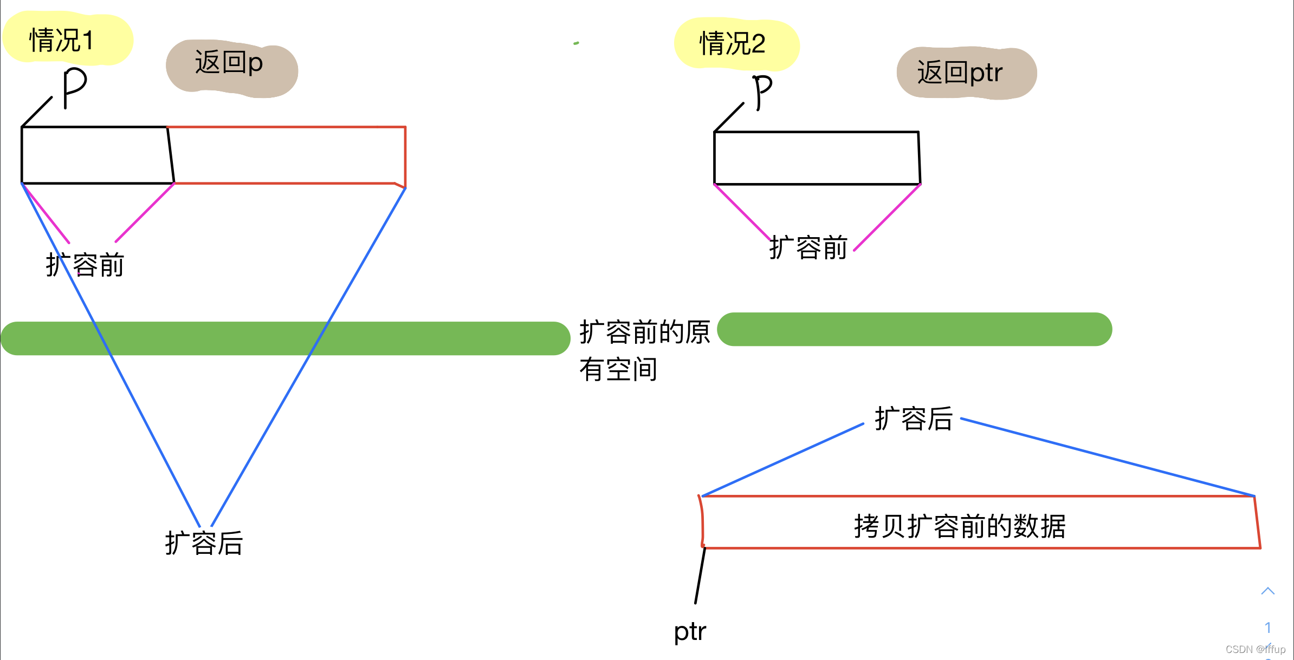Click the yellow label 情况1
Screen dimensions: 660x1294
62,40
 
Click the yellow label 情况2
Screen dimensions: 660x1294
732,43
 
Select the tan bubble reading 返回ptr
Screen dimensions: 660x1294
960,73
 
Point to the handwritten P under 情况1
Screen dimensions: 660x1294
74,87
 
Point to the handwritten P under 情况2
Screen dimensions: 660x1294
762,91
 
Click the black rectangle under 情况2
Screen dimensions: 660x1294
817,158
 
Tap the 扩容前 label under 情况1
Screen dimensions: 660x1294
85,265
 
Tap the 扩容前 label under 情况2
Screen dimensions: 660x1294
808,247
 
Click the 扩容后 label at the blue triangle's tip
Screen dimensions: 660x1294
204,543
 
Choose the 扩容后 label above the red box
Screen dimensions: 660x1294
914,419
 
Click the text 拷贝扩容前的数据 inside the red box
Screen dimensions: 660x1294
960,526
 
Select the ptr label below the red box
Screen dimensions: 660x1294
690,631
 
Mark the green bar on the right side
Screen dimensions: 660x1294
914,329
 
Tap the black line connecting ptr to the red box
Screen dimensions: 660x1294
700,575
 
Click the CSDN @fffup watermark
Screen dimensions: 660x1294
1255,649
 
